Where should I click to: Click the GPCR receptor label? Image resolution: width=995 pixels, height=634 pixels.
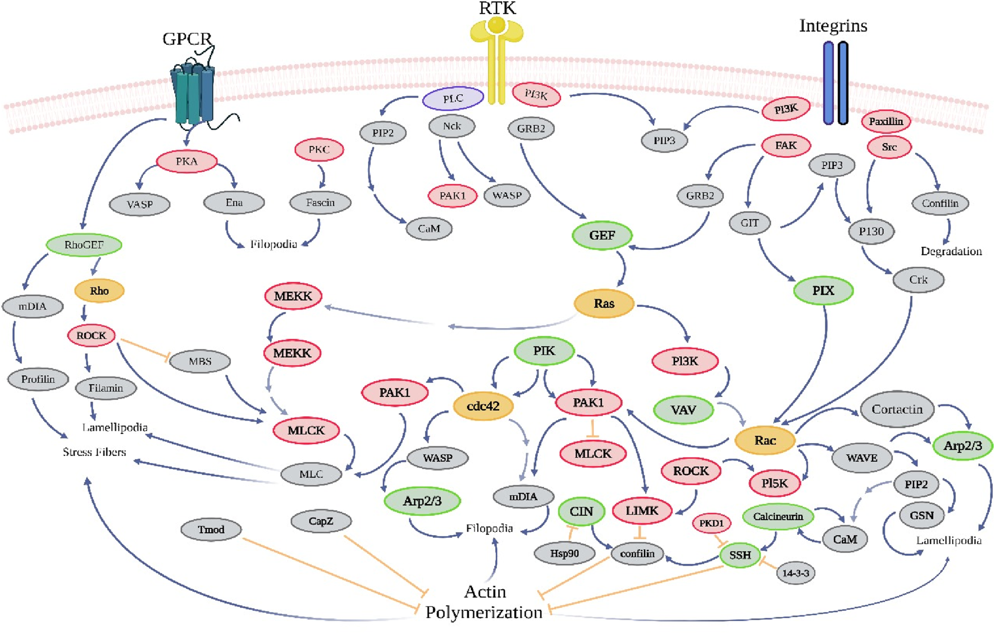pyautogui.click(x=187, y=39)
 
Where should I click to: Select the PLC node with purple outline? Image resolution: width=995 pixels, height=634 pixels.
pyautogui.click(x=453, y=99)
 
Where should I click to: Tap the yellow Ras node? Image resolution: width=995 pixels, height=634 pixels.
pyautogui.click(x=604, y=304)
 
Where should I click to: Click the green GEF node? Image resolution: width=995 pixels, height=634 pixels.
pyautogui.click(x=602, y=235)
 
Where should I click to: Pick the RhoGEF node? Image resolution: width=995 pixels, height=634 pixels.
pyautogui.click(x=84, y=245)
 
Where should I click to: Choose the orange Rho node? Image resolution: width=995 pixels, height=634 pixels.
pyautogui.click(x=99, y=291)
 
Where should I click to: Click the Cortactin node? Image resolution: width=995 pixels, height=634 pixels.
pyautogui.click(x=897, y=409)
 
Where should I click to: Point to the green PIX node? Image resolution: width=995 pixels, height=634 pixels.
pyautogui.click(x=823, y=291)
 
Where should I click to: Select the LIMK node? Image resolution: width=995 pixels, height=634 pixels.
pyautogui.click(x=642, y=510)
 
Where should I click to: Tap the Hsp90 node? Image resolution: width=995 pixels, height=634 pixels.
pyautogui.click(x=564, y=553)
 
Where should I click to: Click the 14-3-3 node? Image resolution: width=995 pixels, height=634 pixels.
pyautogui.click(x=796, y=573)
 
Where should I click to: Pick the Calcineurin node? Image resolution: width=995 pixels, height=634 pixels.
pyautogui.click(x=778, y=517)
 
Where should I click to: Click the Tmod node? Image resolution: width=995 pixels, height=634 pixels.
pyautogui.click(x=211, y=530)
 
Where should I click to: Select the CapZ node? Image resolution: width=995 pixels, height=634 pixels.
pyautogui.click(x=321, y=521)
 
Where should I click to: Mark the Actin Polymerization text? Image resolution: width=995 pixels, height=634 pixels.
pyautogui.click(x=484, y=602)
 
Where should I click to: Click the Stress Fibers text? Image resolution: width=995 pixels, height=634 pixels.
pyautogui.click(x=94, y=452)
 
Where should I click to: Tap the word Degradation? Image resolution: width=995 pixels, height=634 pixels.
pyautogui.click(x=951, y=251)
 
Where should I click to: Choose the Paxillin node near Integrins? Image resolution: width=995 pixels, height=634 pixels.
pyautogui.click(x=886, y=121)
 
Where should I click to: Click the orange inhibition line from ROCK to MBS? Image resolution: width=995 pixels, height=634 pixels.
pyautogui.click(x=143, y=348)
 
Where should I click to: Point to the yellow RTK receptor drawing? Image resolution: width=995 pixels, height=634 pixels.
pyautogui.click(x=496, y=56)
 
